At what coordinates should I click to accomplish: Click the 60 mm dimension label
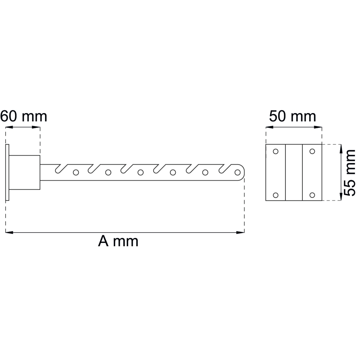coord(24,116)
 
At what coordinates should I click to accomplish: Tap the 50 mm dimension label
coord(292,116)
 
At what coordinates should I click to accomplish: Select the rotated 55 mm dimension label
coord(350,173)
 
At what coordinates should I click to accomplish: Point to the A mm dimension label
coord(118,241)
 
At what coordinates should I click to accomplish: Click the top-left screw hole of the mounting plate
coord(275,151)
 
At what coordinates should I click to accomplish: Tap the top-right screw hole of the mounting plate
coord(312,151)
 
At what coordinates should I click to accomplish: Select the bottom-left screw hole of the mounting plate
coord(275,195)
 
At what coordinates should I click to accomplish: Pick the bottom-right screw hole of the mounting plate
coord(312,195)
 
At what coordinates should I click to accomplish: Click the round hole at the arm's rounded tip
coord(238,172)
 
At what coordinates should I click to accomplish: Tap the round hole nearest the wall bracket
coord(76,172)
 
